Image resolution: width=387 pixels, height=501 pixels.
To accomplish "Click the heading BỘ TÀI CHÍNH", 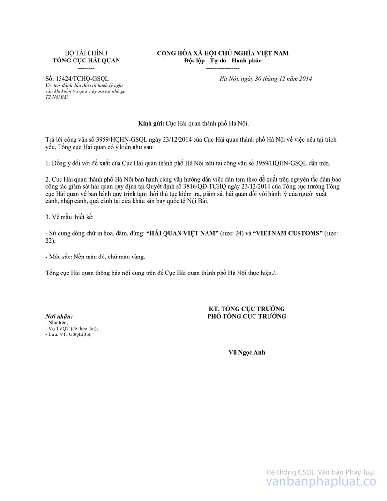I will click(86, 53).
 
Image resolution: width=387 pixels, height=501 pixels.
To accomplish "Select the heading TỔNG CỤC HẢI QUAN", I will click(86, 61).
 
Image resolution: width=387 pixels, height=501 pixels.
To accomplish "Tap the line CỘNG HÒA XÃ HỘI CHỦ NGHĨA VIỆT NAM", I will click(223, 53).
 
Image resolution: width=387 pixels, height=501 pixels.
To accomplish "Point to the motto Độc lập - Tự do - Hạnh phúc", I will click(223, 61).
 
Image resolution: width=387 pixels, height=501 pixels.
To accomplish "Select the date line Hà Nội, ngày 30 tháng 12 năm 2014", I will click(266, 79).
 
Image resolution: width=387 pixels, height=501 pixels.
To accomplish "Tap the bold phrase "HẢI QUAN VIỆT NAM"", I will click(182, 233).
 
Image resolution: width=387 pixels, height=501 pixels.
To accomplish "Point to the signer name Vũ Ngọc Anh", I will click(247, 352).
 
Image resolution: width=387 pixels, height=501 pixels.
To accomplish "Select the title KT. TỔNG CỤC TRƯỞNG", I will click(247, 309).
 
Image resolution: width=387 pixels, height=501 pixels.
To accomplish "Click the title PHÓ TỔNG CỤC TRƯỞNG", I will click(247, 316).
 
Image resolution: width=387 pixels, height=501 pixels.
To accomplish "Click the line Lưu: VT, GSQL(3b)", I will click(69, 334).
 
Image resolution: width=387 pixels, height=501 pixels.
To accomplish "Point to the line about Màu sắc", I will click(95, 257).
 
